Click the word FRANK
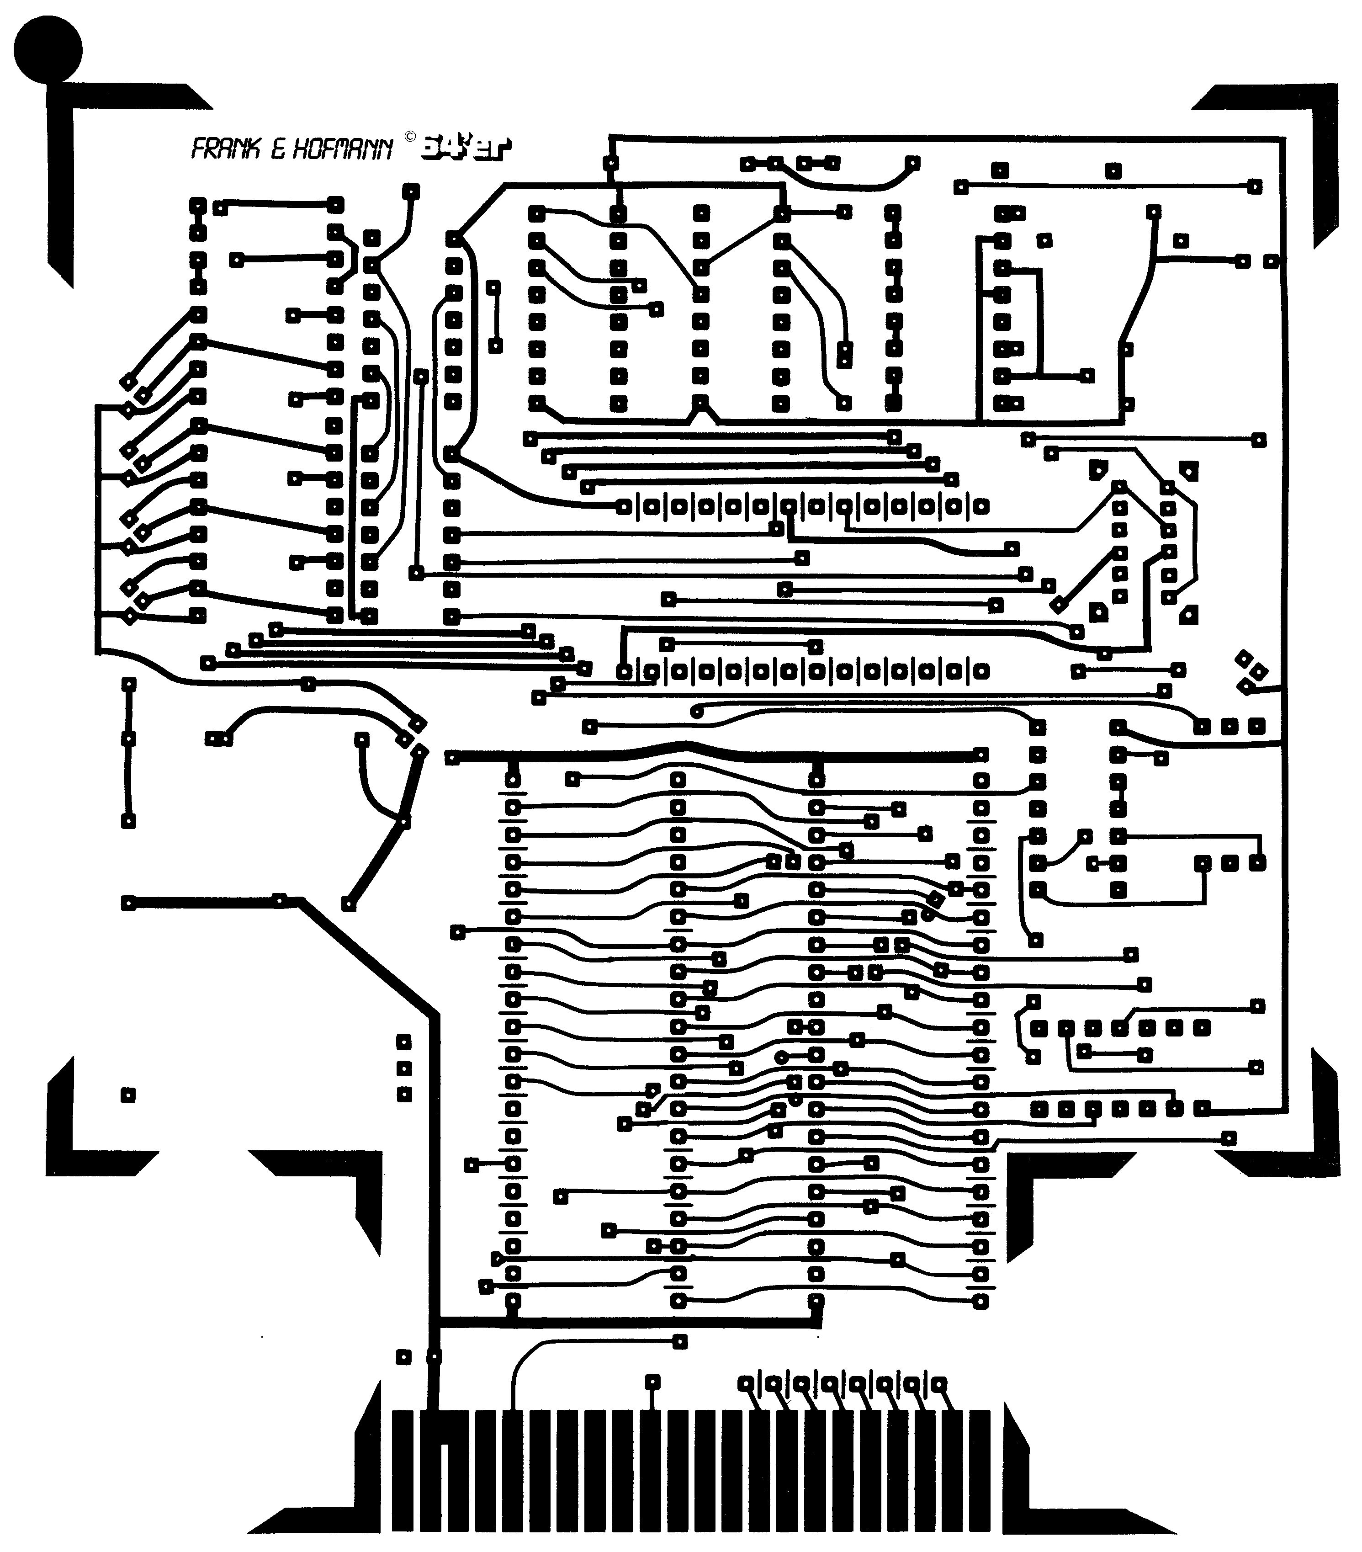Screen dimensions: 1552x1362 pyautogui.click(x=225, y=149)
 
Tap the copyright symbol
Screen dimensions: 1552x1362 pyautogui.click(x=410, y=137)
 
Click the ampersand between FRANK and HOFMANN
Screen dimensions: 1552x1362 pyautogui.click(x=278, y=149)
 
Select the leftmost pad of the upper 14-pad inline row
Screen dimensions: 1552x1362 pyautogui.click(x=623, y=506)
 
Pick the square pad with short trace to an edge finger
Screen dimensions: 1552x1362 pyautogui.click(x=652, y=1382)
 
